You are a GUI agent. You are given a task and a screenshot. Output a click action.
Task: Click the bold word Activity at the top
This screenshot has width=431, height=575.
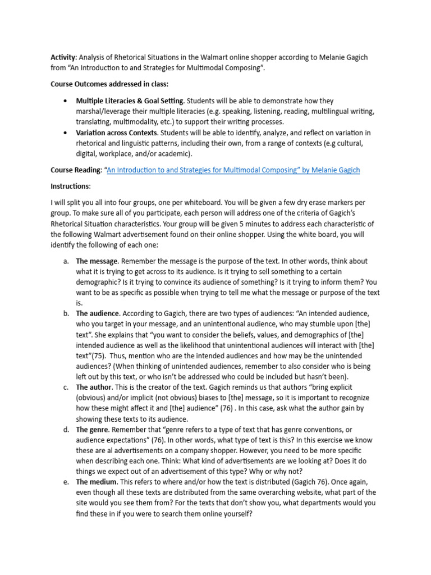(x=63, y=58)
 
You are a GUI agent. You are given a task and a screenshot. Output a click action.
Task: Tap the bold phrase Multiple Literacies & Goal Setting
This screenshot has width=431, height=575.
(x=130, y=101)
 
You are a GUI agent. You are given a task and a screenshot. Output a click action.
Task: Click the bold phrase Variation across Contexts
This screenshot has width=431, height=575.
(x=117, y=133)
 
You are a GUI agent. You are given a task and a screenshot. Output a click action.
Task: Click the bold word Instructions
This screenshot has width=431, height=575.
(x=70, y=186)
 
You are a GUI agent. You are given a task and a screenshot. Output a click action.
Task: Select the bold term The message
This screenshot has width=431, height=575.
(x=97, y=261)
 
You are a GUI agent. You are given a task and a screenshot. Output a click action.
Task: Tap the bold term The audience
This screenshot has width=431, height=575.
(x=97, y=314)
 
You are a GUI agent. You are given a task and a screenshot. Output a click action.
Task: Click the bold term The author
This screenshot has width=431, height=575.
(x=93, y=387)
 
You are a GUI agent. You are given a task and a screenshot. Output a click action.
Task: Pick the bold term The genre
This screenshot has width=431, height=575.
(x=93, y=430)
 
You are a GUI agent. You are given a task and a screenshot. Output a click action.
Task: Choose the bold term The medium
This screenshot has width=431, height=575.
(x=96, y=482)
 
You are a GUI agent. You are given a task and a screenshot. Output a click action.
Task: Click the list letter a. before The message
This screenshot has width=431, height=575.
(x=66, y=261)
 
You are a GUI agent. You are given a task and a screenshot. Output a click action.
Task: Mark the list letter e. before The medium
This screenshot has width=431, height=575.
(x=66, y=482)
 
